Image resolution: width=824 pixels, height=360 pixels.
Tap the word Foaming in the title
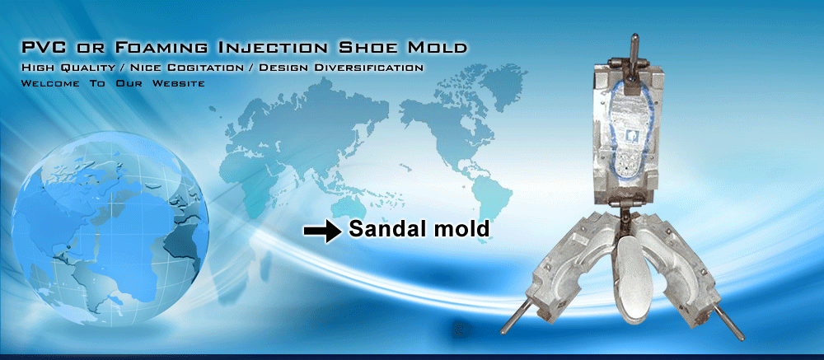(159, 47)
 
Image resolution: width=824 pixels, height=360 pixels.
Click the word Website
(179, 83)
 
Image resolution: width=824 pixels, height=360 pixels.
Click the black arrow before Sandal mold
(323, 231)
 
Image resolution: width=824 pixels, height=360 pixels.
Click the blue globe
(110, 228)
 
